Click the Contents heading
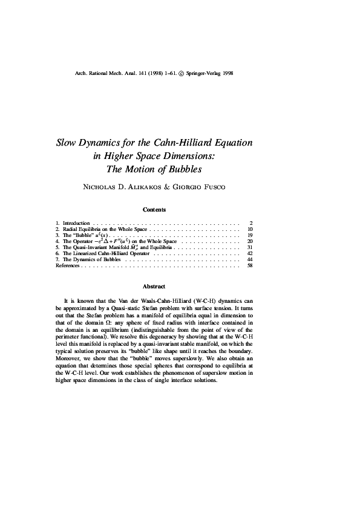tap(154, 210)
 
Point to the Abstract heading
tap(154, 286)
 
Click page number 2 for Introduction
tap(250, 223)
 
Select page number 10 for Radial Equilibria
tap(249, 230)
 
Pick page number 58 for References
tap(249, 265)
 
